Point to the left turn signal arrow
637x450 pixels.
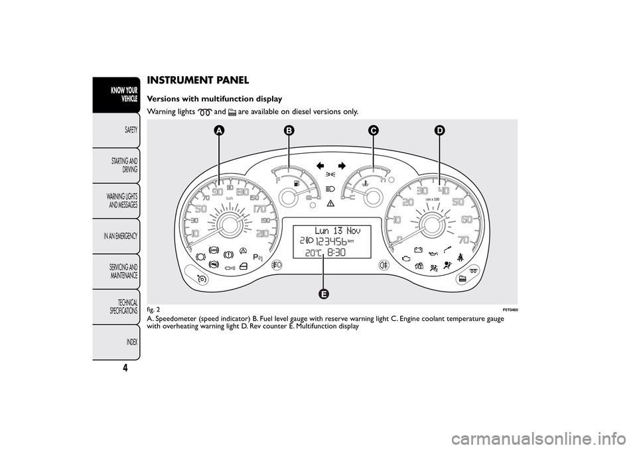pos(322,164)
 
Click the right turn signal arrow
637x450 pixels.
pos(342,164)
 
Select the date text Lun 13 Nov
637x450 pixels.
pos(333,230)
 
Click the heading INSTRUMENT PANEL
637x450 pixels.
pos(198,80)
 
